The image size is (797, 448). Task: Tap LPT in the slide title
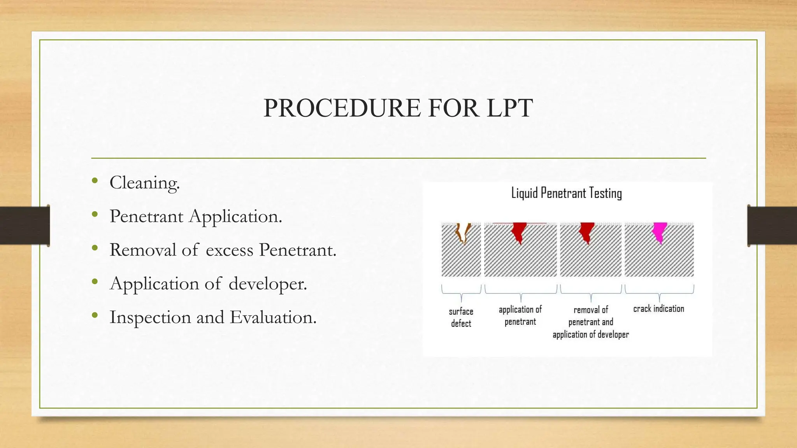tap(509, 108)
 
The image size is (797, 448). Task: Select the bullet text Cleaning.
tap(144, 182)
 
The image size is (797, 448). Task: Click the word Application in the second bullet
tap(235, 216)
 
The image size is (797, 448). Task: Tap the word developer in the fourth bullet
tap(267, 283)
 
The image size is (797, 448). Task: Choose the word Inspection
tap(150, 317)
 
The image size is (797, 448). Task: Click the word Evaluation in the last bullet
tap(273, 317)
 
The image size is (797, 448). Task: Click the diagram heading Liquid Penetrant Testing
tap(566, 193)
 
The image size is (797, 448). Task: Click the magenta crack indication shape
tap(659, 232)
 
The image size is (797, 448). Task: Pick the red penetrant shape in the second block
tap(519, 232)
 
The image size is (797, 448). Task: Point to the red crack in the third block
tap(587, 232)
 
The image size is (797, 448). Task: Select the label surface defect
tap(461, 317)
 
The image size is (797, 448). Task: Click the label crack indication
tap(658, 309)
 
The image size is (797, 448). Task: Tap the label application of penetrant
tap(520, 315)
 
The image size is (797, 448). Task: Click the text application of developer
tap(590, 334)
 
